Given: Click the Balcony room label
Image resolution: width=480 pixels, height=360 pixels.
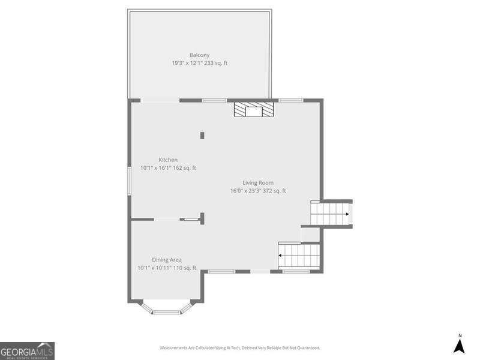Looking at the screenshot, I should click(x=199, y=55).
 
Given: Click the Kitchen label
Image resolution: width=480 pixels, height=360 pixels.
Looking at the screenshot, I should click(x=168, y=160).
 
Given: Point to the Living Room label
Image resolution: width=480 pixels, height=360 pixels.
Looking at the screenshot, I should click(x=258, y=183).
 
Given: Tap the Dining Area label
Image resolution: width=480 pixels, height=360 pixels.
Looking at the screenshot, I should click(x=167, y=260).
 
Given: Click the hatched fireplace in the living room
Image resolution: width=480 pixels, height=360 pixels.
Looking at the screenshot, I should click(x=253, y=110).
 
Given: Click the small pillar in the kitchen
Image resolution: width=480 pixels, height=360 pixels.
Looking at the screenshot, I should click(x=202, y=136).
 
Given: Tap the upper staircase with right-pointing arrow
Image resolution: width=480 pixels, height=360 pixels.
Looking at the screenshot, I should click(x=331, y=213).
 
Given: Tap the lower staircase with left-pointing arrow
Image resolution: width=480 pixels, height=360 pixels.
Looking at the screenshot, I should click(x=299, y=255).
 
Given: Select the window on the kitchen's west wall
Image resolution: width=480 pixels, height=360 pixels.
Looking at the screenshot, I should click(x=129, y=180).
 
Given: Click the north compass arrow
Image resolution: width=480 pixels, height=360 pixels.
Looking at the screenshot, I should click(x=460, y=346).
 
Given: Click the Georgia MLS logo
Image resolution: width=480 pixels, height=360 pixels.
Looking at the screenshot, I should click(x=27, y=350).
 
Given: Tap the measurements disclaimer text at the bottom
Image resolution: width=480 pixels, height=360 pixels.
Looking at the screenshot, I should click(x=239, y=348).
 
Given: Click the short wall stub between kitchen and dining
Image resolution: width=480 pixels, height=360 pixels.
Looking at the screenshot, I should click(x=203, y=218).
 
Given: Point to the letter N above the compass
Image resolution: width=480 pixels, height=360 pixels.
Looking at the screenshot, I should click(x=460, y=335).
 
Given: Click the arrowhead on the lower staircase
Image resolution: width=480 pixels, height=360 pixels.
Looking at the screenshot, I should click(x=280, y=255).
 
